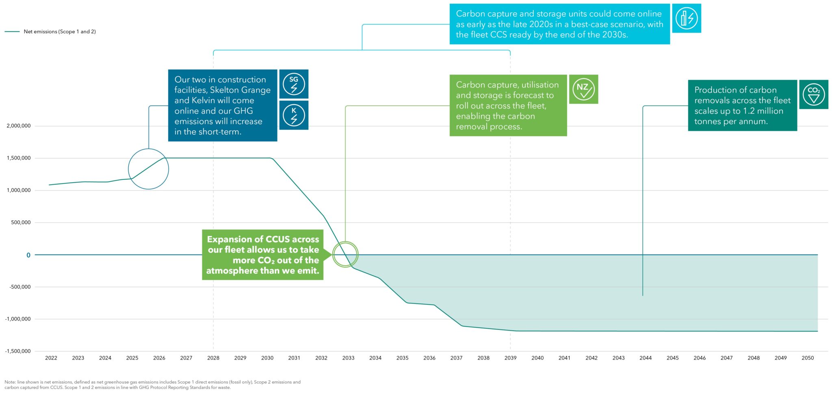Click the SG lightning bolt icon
tap(294, 84)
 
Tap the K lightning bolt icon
tap(294, 115)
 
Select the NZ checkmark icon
tap(583, 89)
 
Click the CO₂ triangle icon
tap(813, 94)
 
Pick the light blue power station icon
tap(687, 18)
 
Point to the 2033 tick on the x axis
tap(348, 358)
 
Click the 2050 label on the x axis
tap(808, 358)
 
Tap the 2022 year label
tap(51, 358)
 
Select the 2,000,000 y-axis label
tap(19, 126)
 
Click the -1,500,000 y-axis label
tap(18, 351)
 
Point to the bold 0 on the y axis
tap(28, 255)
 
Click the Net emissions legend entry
tap(60, 32)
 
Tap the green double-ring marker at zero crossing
tap(345, 254)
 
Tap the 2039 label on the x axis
tap(510, 358)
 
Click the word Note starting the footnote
tap(10, 382)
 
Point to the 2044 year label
tap(646, 358)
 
